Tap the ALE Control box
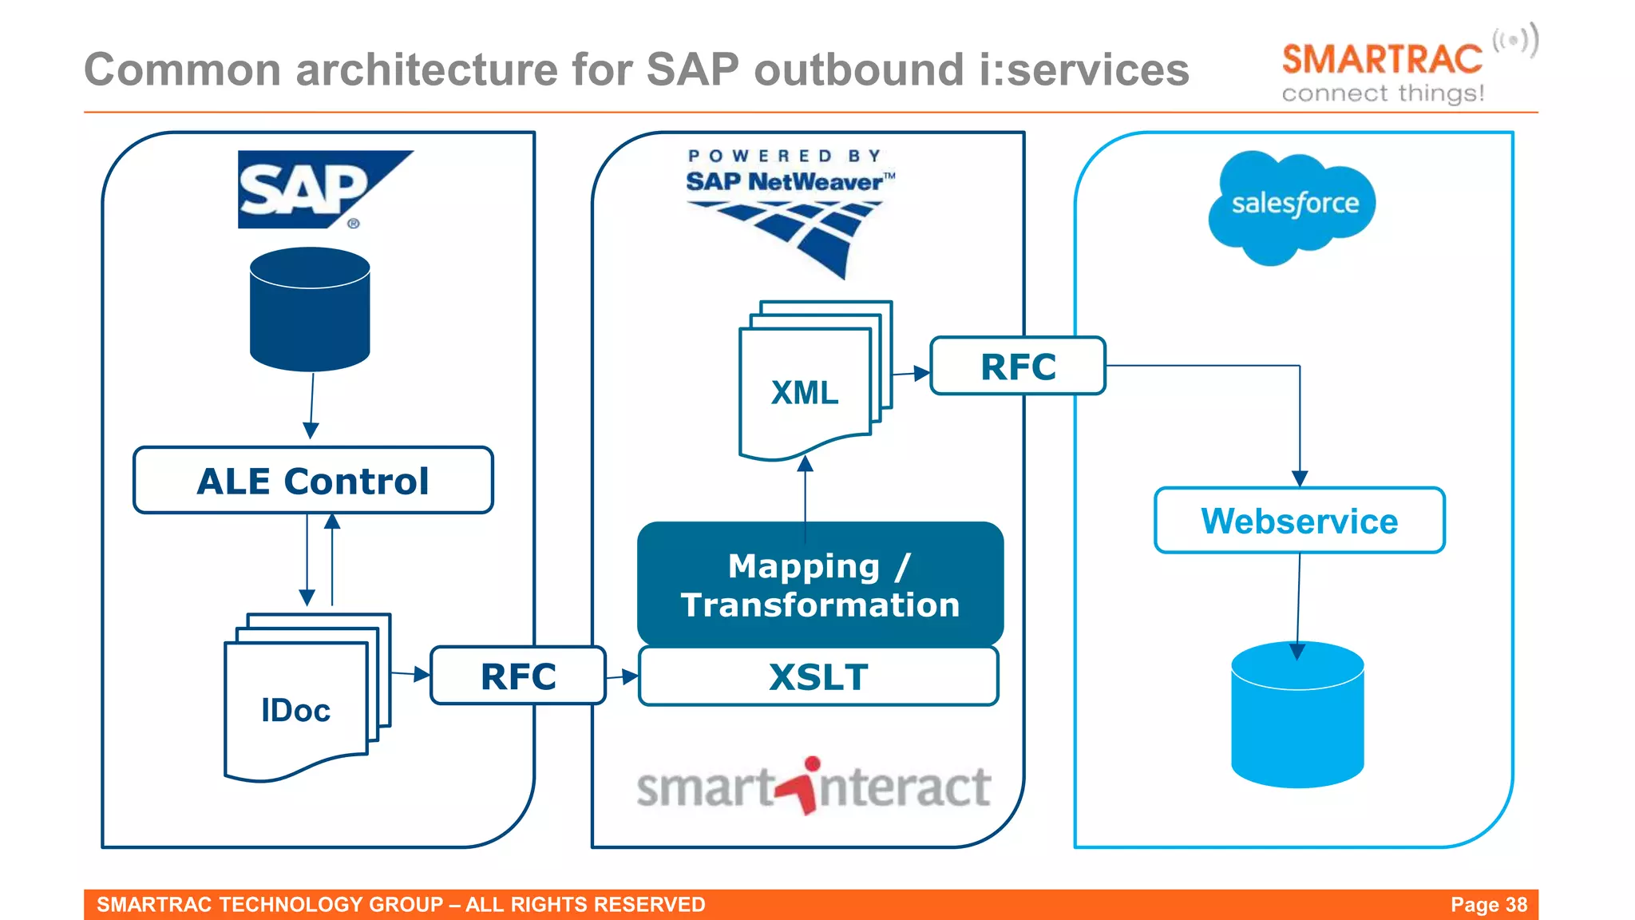[x=313, y=481]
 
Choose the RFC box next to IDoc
[x=518, y=676]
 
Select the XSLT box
[x=818, y=677]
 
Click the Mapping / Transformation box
[x=820, y=585]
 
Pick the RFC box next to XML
[x=1018, y=367]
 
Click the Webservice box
[x=1299, y=521]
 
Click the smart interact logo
[x=814, y=787]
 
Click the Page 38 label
[x=1488, y=905]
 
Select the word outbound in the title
[x=859, y=69]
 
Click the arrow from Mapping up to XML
[x=806, y=491]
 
